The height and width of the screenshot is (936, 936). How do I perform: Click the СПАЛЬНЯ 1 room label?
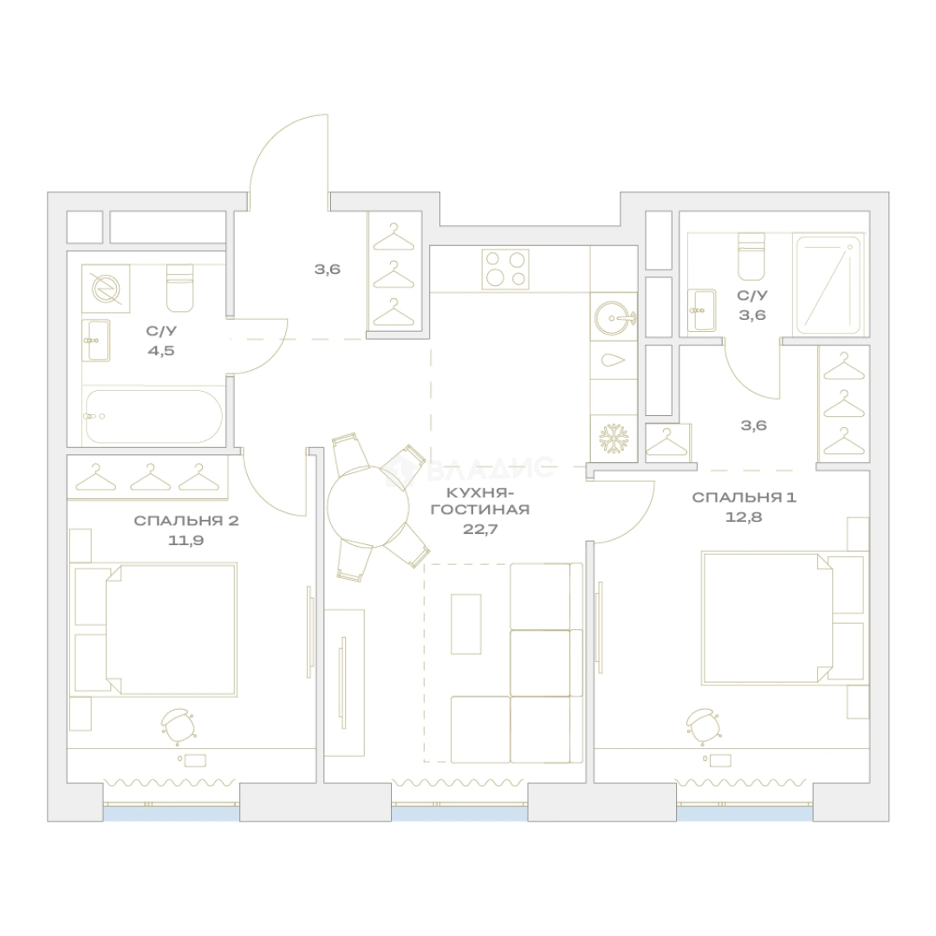[x=744, y=497]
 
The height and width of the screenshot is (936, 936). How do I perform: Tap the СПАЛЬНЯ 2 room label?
[x=186, y=521]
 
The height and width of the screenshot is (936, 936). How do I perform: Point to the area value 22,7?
[x=480, y=529]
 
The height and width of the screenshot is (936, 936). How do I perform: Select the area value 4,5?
[x=161, y=350]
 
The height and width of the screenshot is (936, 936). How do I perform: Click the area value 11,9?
[x=186, y=540]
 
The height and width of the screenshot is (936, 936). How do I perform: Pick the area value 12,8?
[x=744, y=517]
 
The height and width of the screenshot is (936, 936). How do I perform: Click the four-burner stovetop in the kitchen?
[x=505, y=269]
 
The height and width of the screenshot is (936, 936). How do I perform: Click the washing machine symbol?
[x=106, y=289]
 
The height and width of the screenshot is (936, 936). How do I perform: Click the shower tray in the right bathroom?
[x=829, y=285]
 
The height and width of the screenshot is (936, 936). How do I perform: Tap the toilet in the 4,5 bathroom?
[x=179, y=289]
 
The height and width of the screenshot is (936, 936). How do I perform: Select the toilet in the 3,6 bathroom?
[x=751, y=257]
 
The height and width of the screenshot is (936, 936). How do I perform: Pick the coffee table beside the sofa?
[x=466, y=624]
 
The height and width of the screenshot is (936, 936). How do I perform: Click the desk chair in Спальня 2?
[x=178, y=726]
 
